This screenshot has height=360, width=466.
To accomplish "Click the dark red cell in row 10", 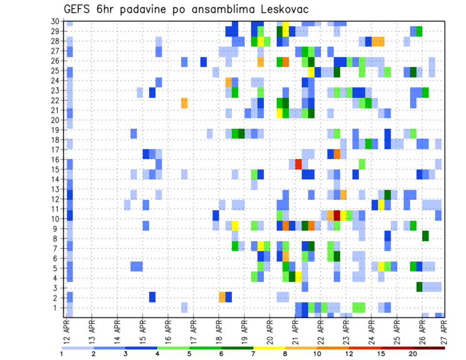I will (337, 215).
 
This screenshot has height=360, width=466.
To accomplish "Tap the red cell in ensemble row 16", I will (299, 164).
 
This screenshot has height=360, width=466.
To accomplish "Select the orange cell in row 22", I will (184, 103).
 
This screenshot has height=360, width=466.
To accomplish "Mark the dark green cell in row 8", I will (425, 236).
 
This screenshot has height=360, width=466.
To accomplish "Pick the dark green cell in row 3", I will (419, 287).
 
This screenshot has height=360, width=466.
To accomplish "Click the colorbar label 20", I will (413, 353).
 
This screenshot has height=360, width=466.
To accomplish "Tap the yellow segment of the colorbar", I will (269, 348).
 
